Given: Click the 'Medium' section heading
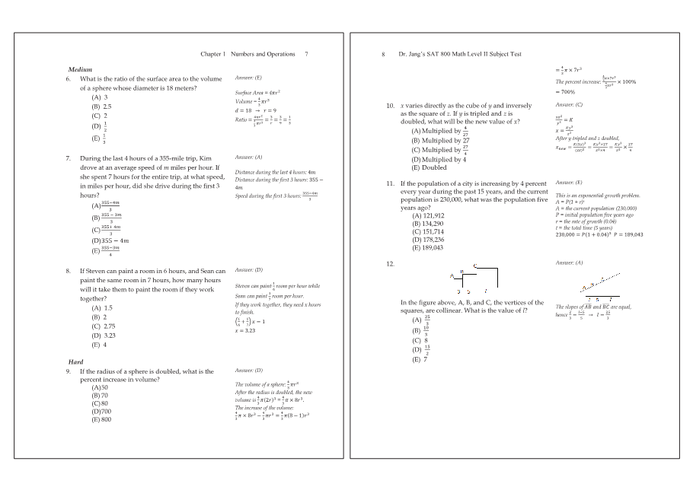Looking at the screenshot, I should point(80,70).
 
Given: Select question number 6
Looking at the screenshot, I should point(69,78).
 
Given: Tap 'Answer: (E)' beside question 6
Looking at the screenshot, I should point(248,78).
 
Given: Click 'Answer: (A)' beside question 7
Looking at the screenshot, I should point(248,157).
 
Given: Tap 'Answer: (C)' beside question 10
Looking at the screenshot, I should point(569,104).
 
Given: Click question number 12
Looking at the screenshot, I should point(390,263).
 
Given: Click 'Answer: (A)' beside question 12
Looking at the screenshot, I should point(569,262).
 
